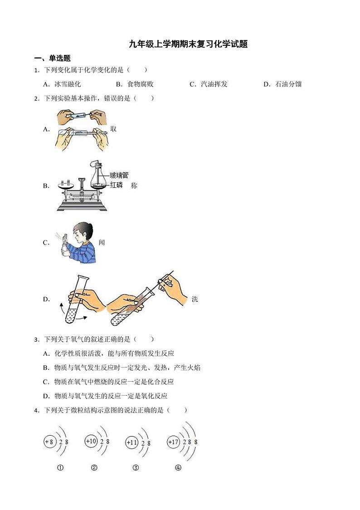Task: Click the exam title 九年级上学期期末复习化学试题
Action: [x=188, y=44]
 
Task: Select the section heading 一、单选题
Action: [x=53, y=58]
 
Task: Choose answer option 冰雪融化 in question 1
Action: [x=67, y=84]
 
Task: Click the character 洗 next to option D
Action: [x=195, y=299]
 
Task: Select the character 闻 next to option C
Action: [x=102, y=242]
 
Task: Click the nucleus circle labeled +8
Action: [x=49, y=441]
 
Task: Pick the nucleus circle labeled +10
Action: [x=91, y=441]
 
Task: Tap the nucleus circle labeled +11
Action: [x=131, y=442]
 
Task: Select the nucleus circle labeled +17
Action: [x=173, y=441]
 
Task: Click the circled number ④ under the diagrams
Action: [x=178, y=468]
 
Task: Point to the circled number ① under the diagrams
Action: [x=60, y=468]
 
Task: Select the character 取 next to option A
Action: [x=113, y=129]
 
